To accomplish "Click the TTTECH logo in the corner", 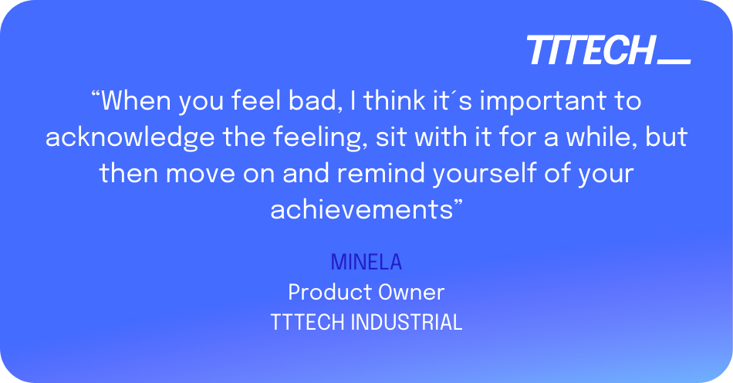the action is coord(609,50).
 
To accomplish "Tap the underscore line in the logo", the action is coord(674,61).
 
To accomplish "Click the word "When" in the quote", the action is coord(136,100).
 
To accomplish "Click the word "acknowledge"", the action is coord(130,137).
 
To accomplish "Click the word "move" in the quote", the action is coord(200,174).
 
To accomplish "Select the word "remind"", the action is coord(380,173).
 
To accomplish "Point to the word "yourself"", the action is coord(484,174).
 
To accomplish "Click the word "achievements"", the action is coord(362,209).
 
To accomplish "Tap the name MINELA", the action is coord(366,262).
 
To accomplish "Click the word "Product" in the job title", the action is coord(329,293).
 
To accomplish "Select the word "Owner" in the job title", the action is coord(411,293).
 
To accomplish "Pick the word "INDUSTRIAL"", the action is coord(406,322).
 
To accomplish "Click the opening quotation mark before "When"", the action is coord(96,94).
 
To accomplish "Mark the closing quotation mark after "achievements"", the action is coord(458,202).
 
